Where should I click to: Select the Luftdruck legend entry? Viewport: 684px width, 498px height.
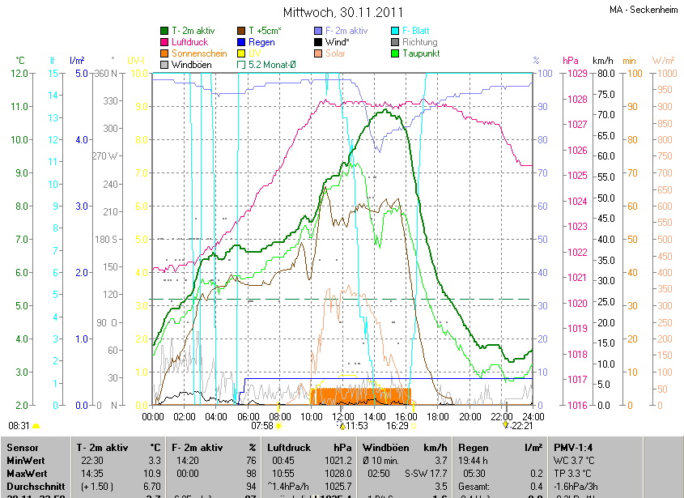[190, 42]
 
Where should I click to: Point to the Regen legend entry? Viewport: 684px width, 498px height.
[261, 42]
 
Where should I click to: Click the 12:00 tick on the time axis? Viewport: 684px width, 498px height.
[343, 416]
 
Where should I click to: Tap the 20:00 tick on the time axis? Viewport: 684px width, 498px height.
[469, 416]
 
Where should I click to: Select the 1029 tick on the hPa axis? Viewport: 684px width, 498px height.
[576, 74]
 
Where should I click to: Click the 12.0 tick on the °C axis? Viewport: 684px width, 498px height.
[19, 74]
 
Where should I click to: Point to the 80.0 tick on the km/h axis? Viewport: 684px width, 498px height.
[604, 74]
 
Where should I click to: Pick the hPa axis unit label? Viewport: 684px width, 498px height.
[571, 61]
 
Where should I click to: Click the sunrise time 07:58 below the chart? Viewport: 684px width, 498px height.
[261, 425]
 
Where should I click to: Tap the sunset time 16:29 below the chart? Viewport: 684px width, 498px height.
[397, 425]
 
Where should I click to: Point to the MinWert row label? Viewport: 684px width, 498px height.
[26, 460]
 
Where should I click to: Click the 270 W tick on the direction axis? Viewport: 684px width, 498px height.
[107, 156]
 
